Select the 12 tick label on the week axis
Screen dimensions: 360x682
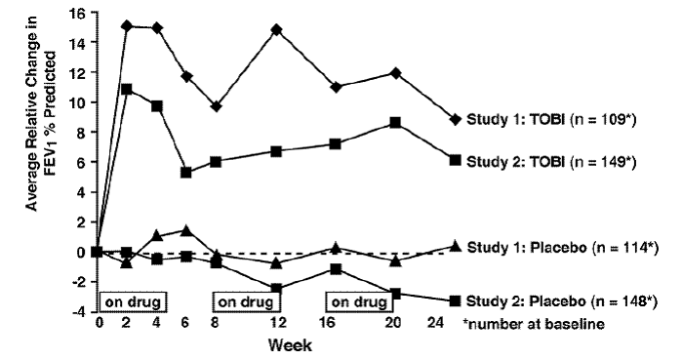click(277, 325)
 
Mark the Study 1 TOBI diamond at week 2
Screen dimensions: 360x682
click(126, 25)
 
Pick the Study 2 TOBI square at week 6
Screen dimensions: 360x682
click(185, 173)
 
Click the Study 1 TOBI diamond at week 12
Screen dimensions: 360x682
click(277, 30)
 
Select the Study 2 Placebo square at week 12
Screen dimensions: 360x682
click(277, 289)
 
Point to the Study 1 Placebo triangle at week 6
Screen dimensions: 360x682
click(185, 230)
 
